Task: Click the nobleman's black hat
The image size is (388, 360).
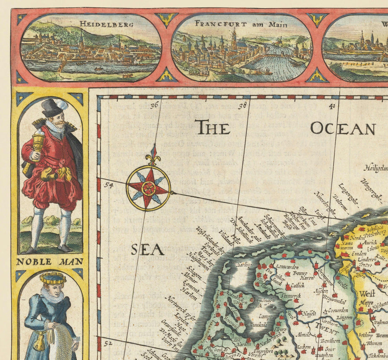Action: click(x=53, y=108)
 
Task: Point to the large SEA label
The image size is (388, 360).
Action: click(x=147, y=249)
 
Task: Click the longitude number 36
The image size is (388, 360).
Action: click(x=155, y=104)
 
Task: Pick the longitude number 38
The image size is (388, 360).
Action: click(x=244, y=104)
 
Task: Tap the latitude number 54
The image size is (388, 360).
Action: click(x=109, y=185)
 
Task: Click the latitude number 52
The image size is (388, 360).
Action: click(x=109, y=343)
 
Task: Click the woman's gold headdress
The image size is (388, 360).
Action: click(x=53, y=279)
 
